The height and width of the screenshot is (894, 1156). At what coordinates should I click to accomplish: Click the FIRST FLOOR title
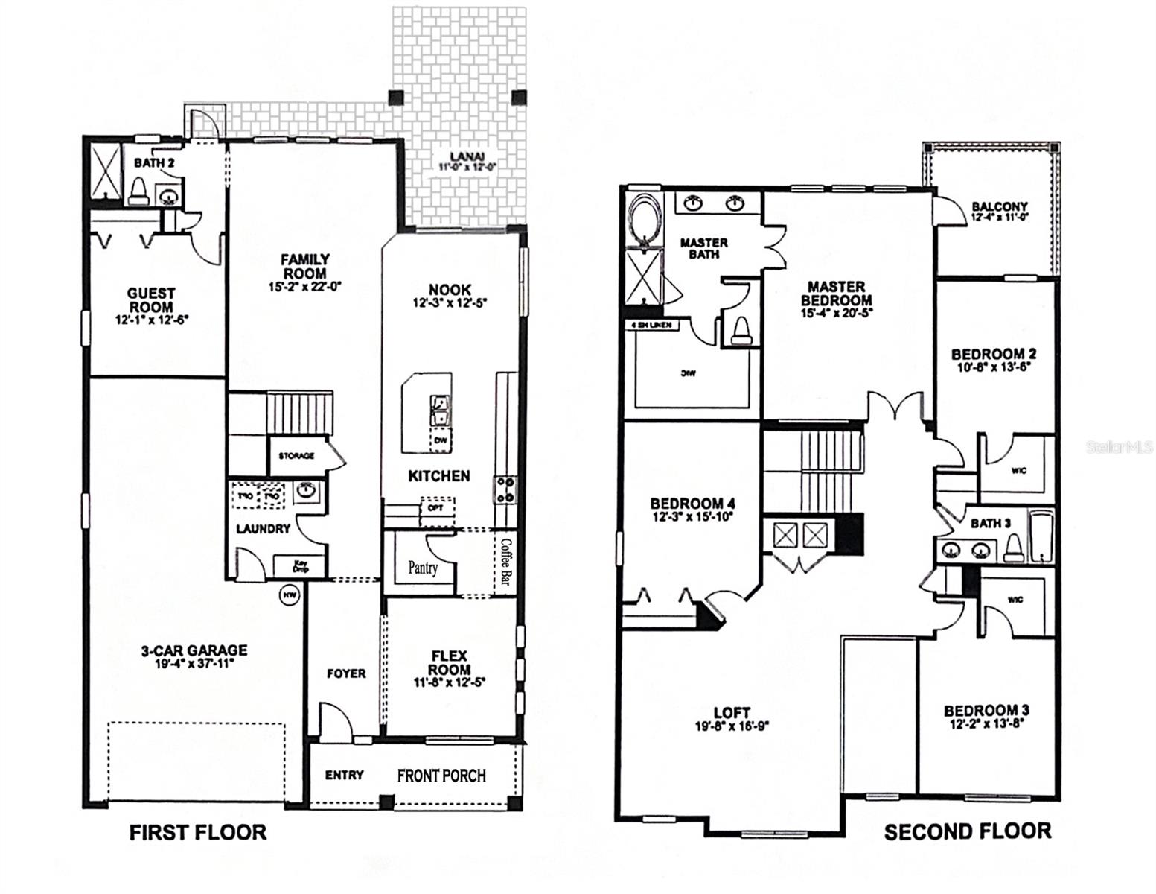coord(197,832)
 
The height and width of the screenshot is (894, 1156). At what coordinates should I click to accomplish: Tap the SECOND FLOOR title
coord(967,831)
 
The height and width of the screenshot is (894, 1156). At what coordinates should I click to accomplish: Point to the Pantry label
coord(423,568)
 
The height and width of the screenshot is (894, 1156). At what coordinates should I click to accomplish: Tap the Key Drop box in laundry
coord(300,566)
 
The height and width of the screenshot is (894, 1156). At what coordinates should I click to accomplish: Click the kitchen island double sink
coord(439,410)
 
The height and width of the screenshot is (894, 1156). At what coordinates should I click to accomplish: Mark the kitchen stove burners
coord(505,490)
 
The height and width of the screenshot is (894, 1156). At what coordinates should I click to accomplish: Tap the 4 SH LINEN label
coord(651,325)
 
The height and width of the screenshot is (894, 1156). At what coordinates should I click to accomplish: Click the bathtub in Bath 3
coord(1041,535)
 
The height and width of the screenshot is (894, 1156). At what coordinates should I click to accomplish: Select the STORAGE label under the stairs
coord(296,455)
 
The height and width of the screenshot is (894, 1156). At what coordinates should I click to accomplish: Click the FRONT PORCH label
coord(441,776)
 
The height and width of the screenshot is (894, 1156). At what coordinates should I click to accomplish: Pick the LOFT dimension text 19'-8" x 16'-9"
coord(731,726)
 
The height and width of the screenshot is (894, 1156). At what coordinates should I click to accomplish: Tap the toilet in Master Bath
coord(741,330)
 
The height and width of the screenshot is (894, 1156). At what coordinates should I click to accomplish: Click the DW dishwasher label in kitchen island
coord(440,441)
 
